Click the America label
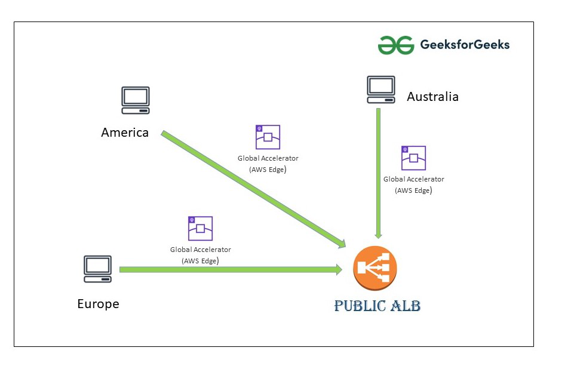point(125,133)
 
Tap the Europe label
point(98,304)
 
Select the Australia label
point(432,97)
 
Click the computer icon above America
point(136,100)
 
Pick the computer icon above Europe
point(97,269)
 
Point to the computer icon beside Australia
point(380,90)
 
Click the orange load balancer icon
point(375,267)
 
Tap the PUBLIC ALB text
point(377,306)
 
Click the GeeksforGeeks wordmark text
point(465,45)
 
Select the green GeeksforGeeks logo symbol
point(395,45)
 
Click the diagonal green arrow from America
point(251,188)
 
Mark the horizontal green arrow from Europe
point(227,270)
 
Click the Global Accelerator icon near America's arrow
point(268,137)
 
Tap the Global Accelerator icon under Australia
point(413,158)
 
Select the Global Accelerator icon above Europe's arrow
point(200,228)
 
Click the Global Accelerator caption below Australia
point(413,185)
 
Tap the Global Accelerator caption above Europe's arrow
point(200,255)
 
